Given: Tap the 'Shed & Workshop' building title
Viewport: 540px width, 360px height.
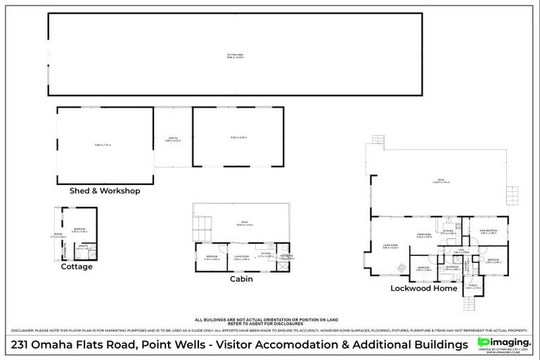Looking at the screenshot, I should [x=105, y=191].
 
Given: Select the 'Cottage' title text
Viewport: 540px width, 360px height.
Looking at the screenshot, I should [x=77, y=266].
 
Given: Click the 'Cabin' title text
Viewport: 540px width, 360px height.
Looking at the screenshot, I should [x=241, y=278].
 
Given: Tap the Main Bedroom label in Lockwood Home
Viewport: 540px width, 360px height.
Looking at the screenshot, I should [x=489, y=230].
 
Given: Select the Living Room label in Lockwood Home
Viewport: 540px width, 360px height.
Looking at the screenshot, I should [x=390, y=246].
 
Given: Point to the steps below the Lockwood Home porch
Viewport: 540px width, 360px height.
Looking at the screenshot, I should [x=470, y=304].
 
